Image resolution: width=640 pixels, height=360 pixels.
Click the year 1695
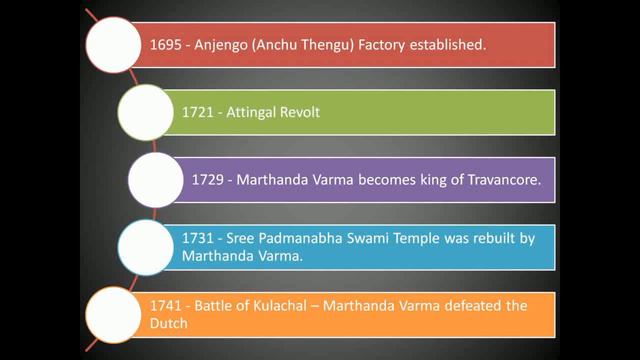point(164,46)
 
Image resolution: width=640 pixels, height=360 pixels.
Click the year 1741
point(164,306)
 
